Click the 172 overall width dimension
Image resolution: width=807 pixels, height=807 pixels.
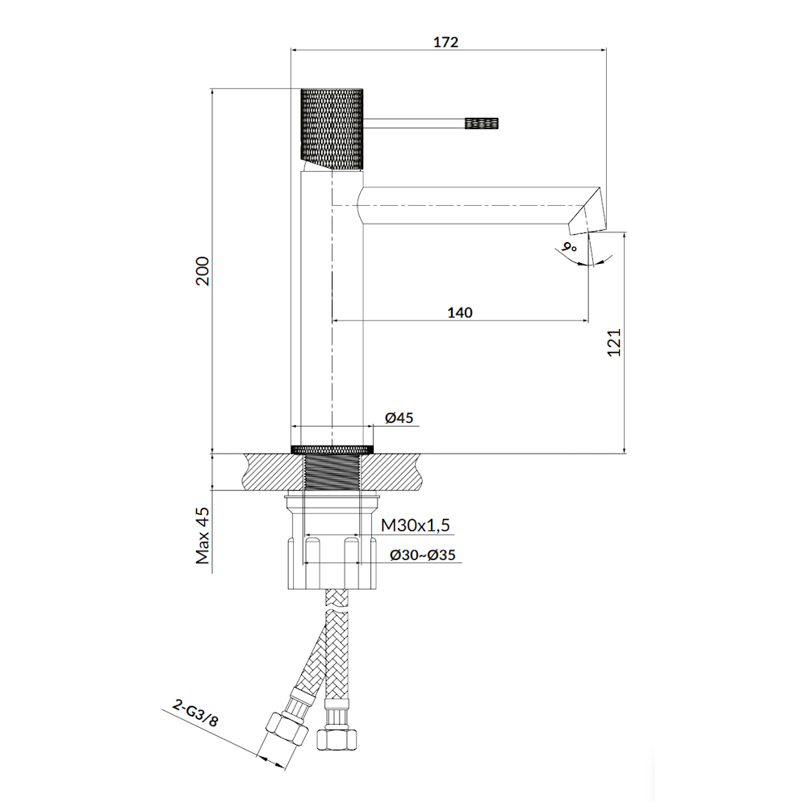[x=445, y=42]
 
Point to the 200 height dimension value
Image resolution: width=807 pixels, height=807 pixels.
[x=203, y=271]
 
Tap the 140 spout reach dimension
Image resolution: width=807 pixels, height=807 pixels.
[x=460, y=312]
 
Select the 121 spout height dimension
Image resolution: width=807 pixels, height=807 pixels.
[x=614, y=342]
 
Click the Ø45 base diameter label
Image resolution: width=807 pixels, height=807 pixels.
[x=399, y=417]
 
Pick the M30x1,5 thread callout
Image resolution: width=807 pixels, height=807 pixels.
[x=416, y=525]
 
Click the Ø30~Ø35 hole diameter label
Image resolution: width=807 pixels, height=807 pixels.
[x=423, y=555]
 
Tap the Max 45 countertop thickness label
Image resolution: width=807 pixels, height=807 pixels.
[x=203, y=536]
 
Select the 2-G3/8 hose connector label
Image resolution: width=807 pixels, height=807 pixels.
[x=195, y=713]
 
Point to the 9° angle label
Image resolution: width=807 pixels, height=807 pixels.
[x=569, y=247]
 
